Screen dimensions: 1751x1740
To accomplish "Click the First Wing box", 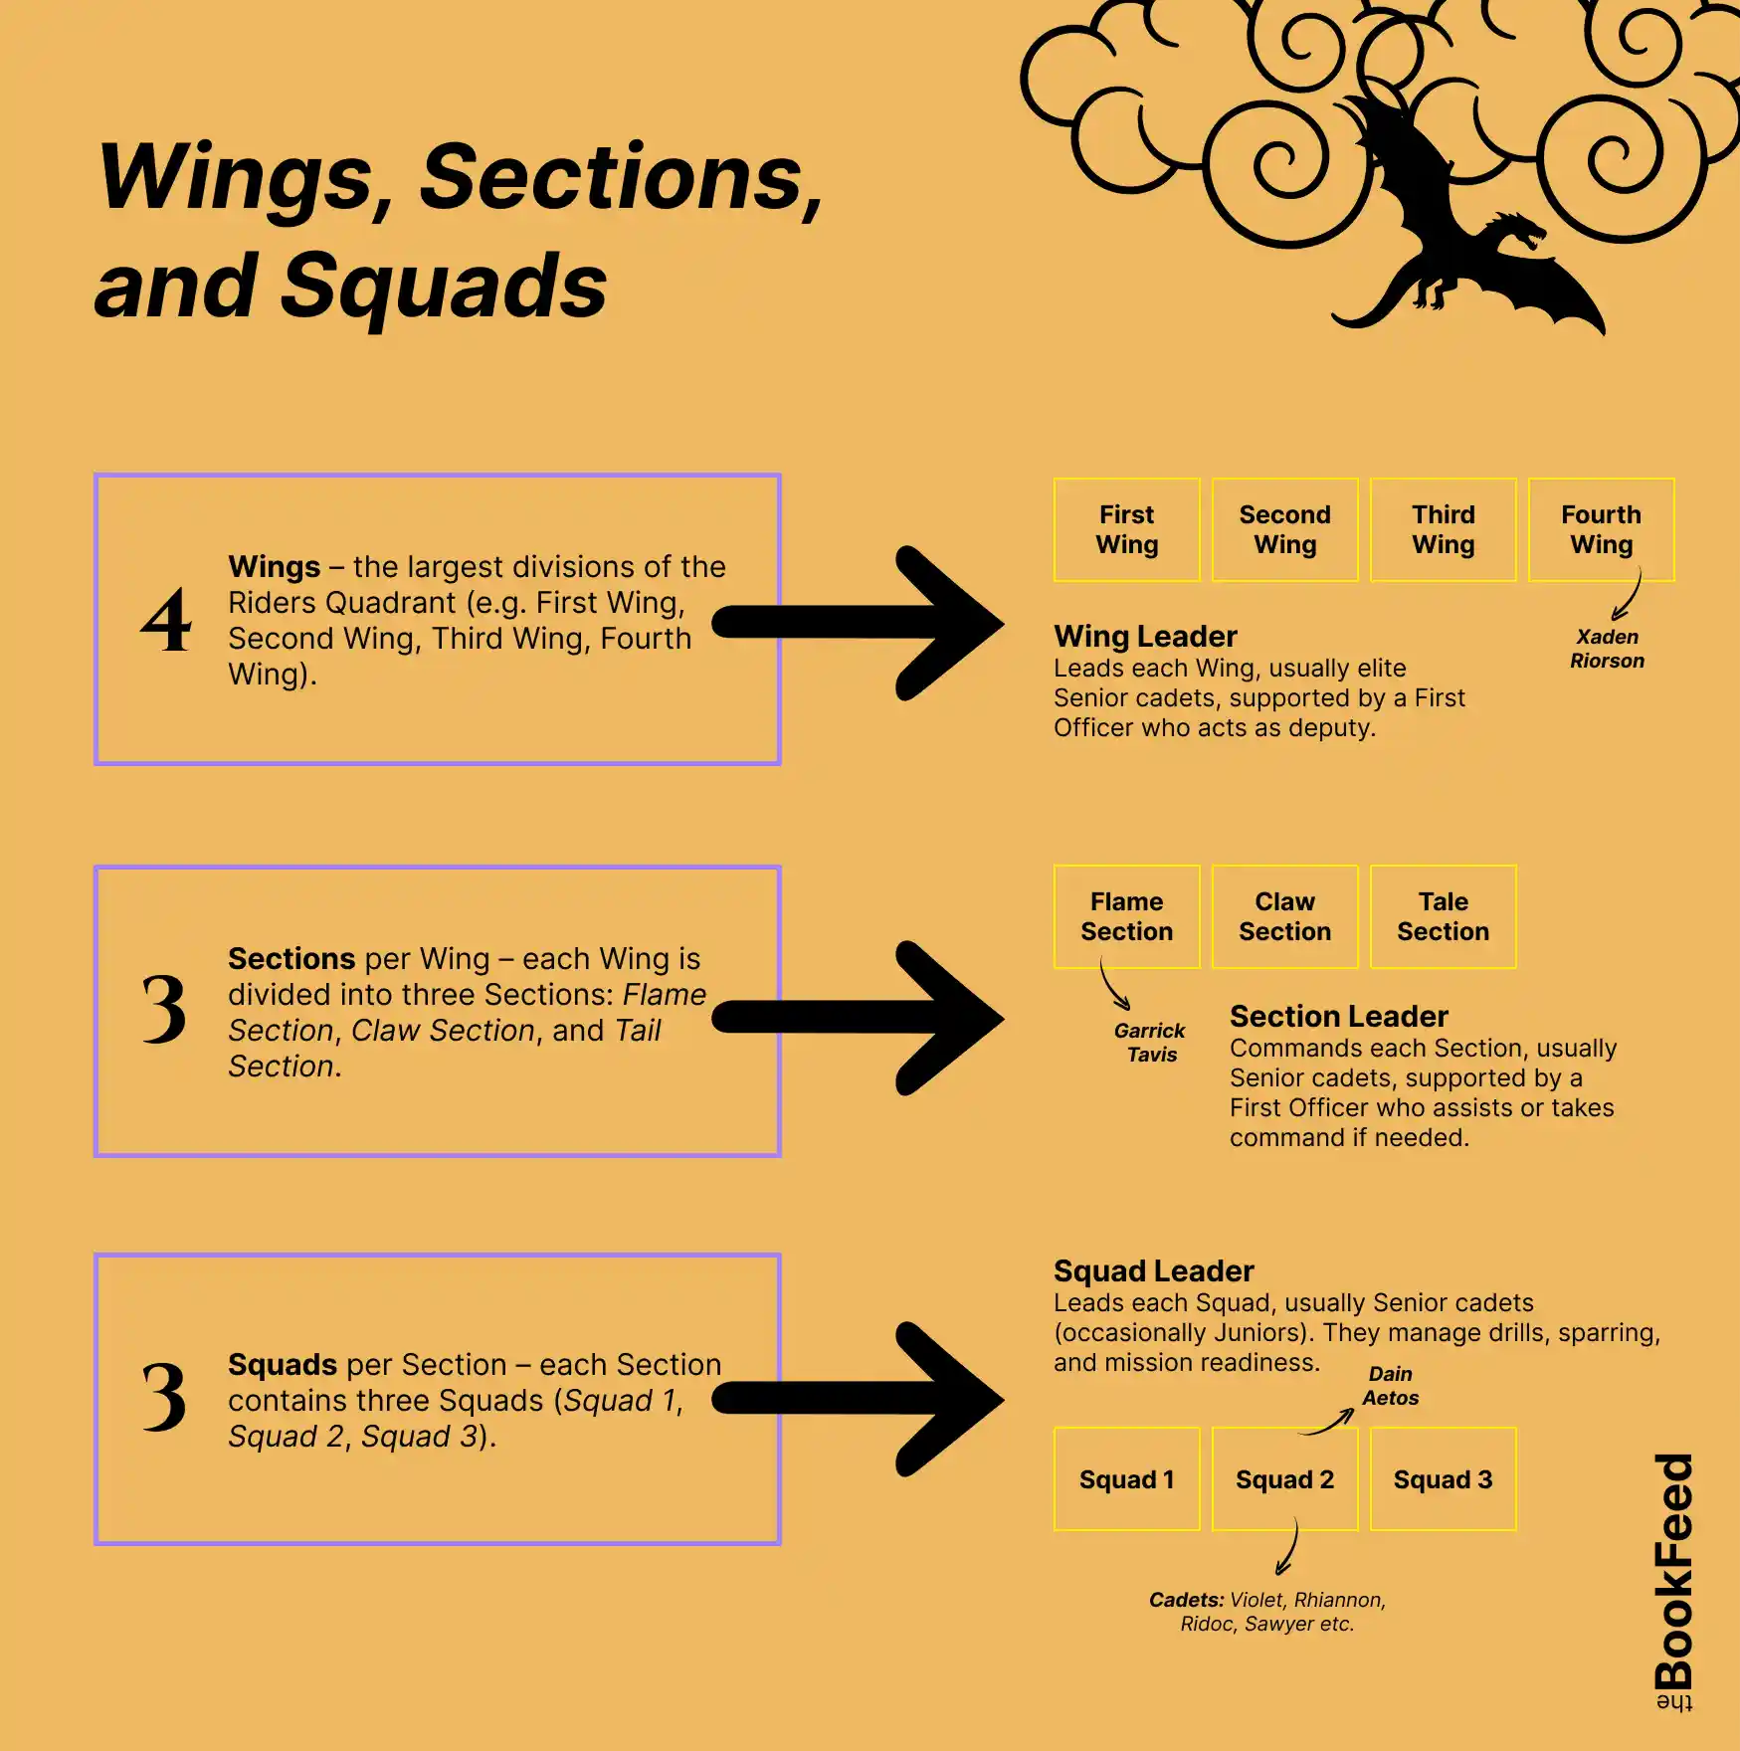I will click(1126, 529).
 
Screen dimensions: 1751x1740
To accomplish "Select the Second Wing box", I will click(1284, 529).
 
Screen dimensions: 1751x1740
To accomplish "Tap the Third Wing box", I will click(1443, 529).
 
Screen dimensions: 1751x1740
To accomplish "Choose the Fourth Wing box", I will click(1601, 529).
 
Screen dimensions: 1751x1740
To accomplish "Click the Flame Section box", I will click(1126, 916).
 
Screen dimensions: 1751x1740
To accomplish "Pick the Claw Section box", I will click(1284, 916).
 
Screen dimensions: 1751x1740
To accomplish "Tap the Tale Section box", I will click(1443, 916).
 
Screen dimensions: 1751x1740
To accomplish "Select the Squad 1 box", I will click(1126, 1479).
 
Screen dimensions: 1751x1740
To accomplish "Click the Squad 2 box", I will click(1284, 1479).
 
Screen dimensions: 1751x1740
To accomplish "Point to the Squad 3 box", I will click(1443, 1479).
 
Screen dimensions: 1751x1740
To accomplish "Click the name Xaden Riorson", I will click(1607, 649).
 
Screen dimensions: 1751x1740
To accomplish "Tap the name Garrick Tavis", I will click(1150, 1043).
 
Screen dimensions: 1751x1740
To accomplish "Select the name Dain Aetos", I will click(1390, 1386).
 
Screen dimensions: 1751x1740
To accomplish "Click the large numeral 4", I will click(165, 621).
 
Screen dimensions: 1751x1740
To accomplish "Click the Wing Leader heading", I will click(1145, 637).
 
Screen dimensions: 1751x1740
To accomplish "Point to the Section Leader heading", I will click(1338, 1017).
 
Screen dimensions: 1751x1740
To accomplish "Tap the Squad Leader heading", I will click(1153, 1271).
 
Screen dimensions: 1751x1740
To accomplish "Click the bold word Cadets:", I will click(1186, 1600).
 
